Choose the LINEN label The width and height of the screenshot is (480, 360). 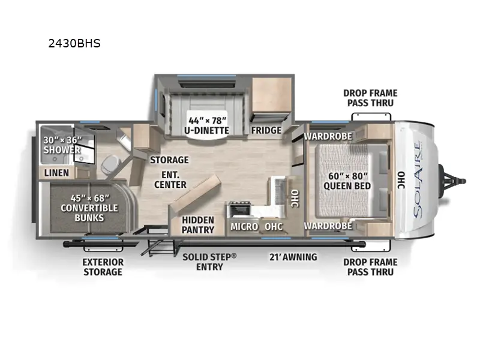click(x=57, y=173)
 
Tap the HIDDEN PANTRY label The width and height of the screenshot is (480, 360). click(x=198, y=225)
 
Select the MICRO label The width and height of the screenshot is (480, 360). click(x=244, y=226)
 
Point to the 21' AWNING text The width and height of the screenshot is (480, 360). click(x=292, y=257)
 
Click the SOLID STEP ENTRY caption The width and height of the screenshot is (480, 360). click(x=209, y=261)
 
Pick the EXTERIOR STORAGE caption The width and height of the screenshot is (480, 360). click(x=103, y=266)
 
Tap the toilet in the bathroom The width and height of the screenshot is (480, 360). click(x=111, y=164)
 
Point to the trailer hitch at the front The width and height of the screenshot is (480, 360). click(x=455, y=179)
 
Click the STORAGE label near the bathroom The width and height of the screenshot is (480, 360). click(x=169, y=160)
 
